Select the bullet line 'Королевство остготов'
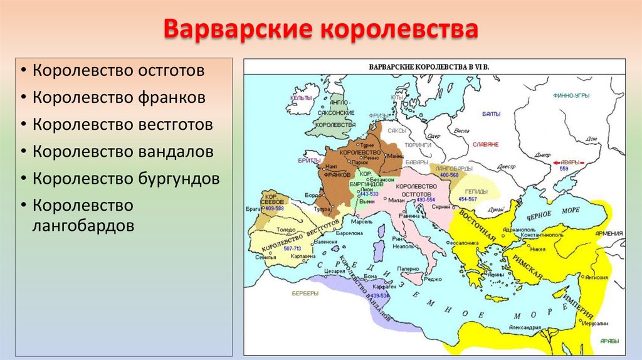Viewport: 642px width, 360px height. click(119, 70)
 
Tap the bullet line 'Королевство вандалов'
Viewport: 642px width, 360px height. click(124, 152)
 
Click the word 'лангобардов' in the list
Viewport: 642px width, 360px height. click(83, 225)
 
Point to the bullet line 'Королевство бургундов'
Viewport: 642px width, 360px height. click(127, 179)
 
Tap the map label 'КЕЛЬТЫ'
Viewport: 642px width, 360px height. click(302, 98)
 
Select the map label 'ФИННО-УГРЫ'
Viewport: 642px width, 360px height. click(570, 96)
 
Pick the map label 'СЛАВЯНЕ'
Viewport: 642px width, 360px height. click(486, 144)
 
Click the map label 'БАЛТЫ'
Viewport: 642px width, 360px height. click(492, 114)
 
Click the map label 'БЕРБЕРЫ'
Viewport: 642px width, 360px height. click(305, 292)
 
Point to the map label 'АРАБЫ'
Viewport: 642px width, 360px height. click(609, 341)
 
